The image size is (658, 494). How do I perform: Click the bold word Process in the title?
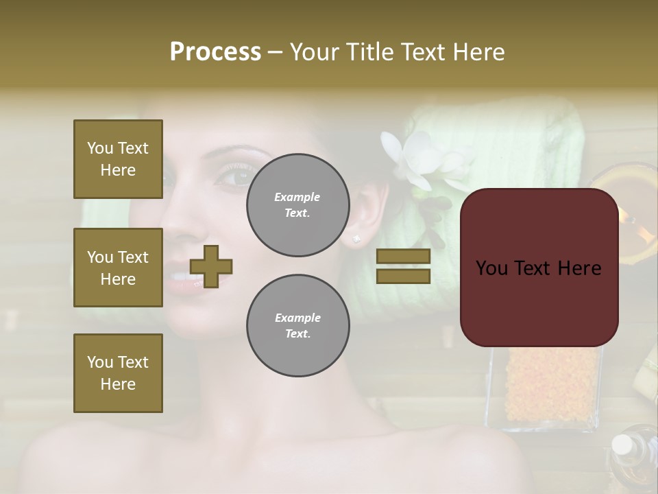click(x=215, y=51)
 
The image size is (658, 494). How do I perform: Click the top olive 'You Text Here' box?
click(x=118, y=159)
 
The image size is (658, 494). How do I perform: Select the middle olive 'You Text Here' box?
click(x=118, y=268)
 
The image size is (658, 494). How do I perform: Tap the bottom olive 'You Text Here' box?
click(x=118, y=373)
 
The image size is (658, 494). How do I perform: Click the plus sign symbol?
click(x=211, y=266)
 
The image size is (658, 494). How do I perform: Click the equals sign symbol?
click(x=404, y=266)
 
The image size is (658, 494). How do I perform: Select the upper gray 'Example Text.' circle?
click(x=297, y=204)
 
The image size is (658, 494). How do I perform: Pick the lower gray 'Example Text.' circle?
click(x=297, y=325)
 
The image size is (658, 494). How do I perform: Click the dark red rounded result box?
click(x=539, y=268)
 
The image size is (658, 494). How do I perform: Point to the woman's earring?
click(x=356, y=238)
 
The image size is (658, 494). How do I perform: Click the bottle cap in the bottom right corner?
click(x=622, y=445)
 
